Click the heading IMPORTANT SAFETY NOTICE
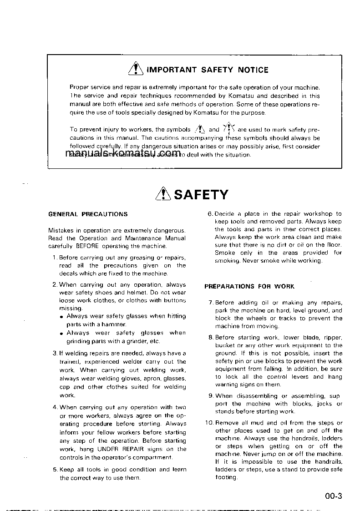pos(207,70)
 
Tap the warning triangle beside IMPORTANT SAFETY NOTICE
pos(136,69)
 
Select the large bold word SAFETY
pos(201,195)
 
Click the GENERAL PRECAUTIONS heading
pos(88,214)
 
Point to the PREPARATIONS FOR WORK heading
pos(249,287)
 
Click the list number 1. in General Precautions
pos(55,258)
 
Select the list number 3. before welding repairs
pos(55,354)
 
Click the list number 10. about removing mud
pos(209,423)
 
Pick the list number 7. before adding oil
pos(211,303)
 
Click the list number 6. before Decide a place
pos(210,214)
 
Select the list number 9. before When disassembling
pos(211,396)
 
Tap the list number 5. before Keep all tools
pos(55,470)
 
